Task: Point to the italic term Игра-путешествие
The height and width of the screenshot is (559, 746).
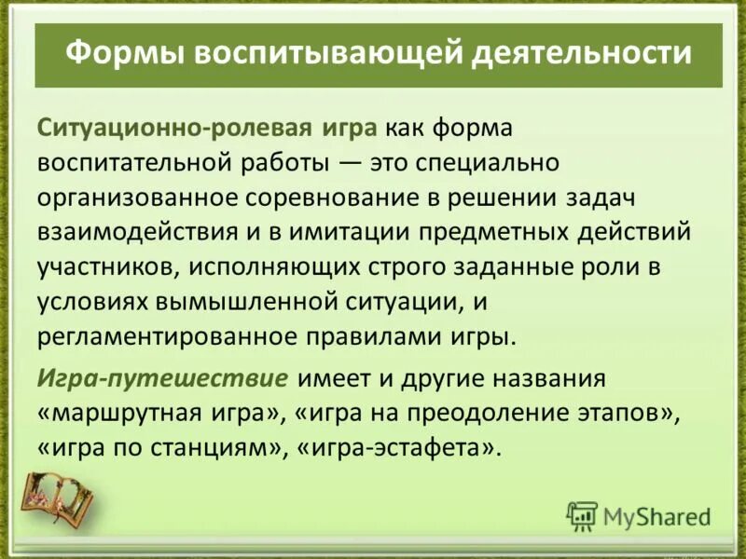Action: tap(161, 380)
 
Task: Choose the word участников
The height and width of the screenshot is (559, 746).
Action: tap(106, 266)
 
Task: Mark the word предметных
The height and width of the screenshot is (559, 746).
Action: tap(489, 231)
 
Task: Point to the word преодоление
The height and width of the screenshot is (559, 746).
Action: tap(494, 414)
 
